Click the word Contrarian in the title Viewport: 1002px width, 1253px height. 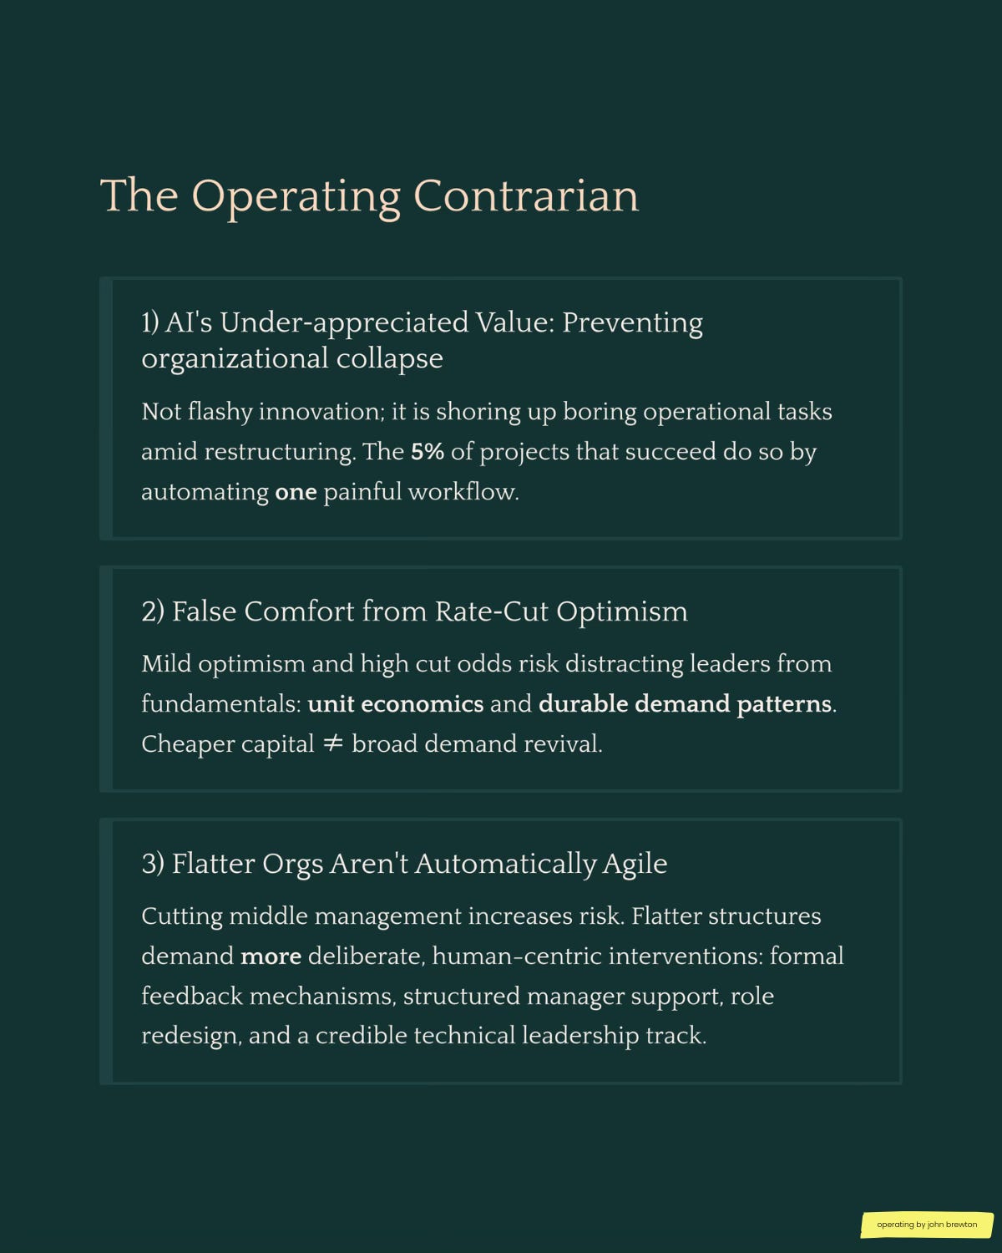(x=525, y=195)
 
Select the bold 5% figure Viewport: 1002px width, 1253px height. (x=427, y=452)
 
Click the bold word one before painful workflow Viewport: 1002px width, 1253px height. (x=296, y=492)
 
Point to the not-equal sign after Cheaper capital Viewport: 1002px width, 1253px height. (x=332, y=743)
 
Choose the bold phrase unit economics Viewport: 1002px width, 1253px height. (x=395, y=704)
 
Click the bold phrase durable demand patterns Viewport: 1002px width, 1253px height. (x=685, y=704)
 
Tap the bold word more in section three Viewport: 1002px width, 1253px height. (x=271, y=956)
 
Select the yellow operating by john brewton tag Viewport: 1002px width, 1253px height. (x=926, y=1225)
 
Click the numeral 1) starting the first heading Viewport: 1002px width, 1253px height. (x=149, y=322)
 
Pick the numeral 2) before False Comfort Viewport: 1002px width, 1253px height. (x=153, y=611)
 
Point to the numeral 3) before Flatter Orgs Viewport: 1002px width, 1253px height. (x=153, y=864)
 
